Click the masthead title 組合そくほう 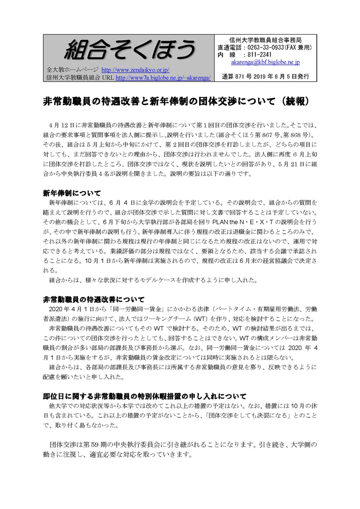130,48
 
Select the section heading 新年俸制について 72,193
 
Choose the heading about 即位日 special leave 144,396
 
